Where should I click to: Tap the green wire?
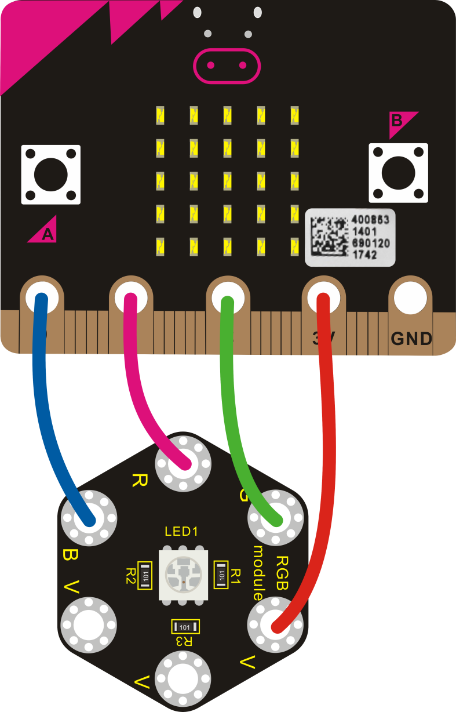click(x=232, y=406)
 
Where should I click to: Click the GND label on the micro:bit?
click(x=411, y=338)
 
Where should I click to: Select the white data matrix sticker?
click(x=350, y=238)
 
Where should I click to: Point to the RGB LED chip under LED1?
click(x=181, y=574)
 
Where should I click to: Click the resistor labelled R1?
click(x=221, y=575)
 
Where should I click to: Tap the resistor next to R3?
click(x=185, y=627)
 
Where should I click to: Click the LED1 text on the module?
click(x=182, y=531)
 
